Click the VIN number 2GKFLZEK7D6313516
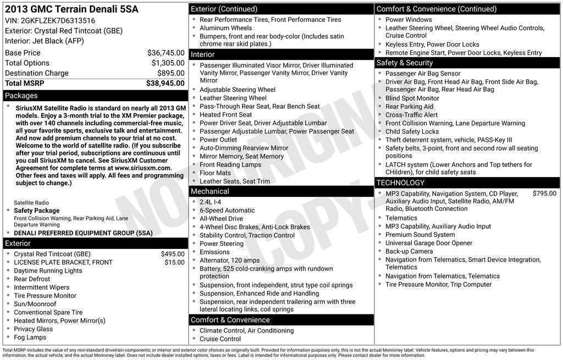58,20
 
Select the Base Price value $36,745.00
165,53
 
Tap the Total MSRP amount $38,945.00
165,83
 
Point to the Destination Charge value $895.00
170,73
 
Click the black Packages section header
95,96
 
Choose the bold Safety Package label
37,211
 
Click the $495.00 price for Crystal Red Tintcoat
173,254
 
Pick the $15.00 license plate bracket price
175,262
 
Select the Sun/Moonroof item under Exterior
35,304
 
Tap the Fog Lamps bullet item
30,337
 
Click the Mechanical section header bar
281,191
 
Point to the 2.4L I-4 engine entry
211,202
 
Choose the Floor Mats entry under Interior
215,173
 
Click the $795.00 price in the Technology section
544,193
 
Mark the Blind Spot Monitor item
412,98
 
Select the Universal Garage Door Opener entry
429,243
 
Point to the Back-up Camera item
409,251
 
